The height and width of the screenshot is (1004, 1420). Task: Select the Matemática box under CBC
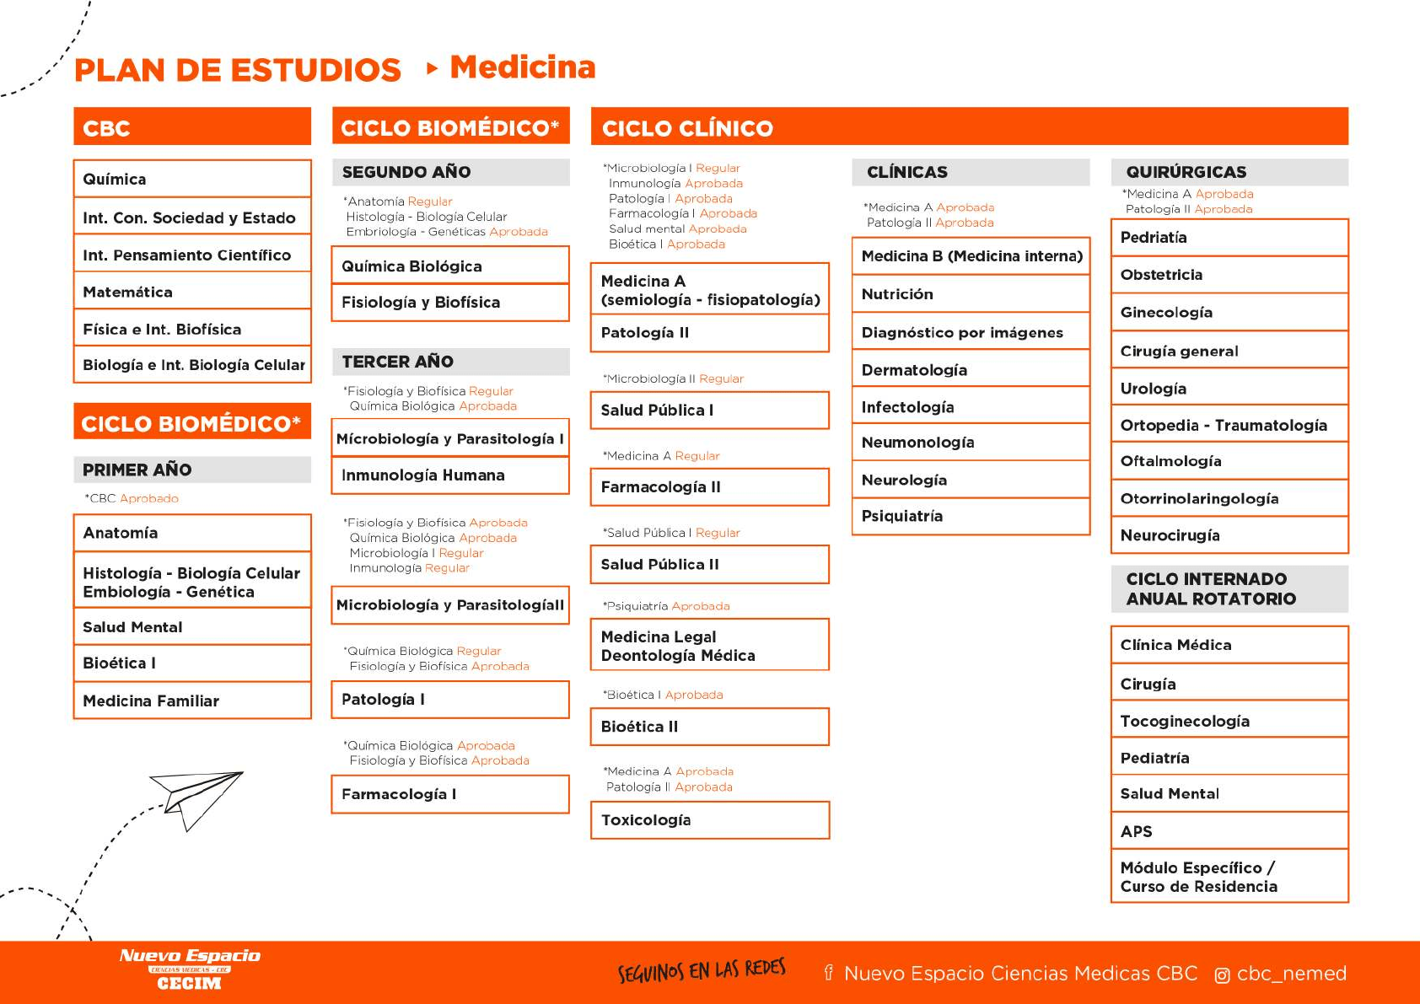(192, 292)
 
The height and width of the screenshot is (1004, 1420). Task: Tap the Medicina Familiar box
(192, 701)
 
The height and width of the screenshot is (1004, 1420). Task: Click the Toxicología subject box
(709, 820)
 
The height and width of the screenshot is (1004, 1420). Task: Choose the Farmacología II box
(709, 487)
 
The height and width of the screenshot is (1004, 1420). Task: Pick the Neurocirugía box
(1229, 535)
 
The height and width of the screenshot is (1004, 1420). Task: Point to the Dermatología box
(971, 370)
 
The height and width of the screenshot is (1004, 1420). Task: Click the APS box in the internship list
(1229, 831)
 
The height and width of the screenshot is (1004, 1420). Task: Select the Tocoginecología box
(1229, 721)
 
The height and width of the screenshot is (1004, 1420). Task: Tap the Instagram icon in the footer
(1221, 975)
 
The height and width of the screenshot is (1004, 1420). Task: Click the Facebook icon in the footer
(828, 974)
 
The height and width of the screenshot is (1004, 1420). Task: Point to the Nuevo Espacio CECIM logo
(190, 969)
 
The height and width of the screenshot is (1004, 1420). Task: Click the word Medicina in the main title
(523, 67)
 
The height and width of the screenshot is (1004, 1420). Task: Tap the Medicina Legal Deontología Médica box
(709, 646)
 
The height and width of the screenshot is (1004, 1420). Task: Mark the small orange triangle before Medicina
(432, 68)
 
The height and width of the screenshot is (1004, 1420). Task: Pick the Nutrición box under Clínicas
(971, 294)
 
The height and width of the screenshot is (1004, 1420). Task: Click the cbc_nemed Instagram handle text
(1291, 974)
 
